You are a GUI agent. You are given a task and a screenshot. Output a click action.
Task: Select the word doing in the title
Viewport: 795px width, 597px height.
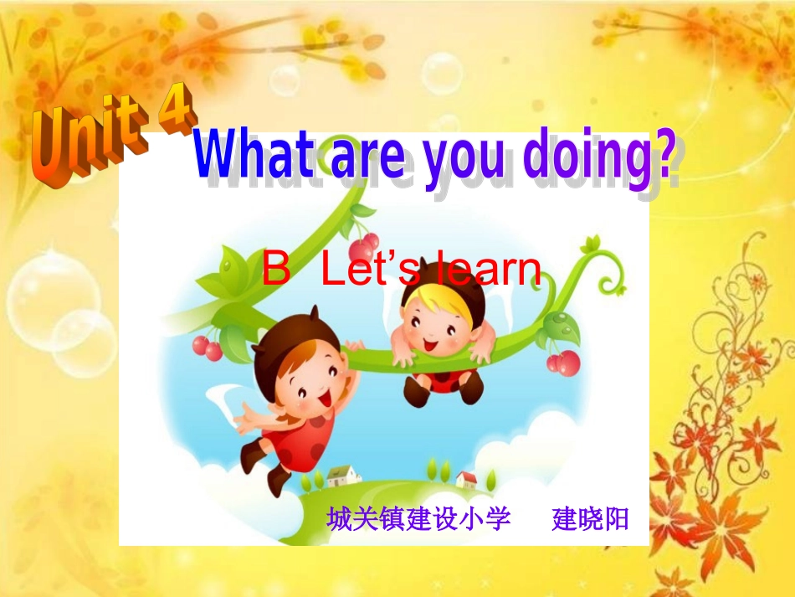[x=585, y=159]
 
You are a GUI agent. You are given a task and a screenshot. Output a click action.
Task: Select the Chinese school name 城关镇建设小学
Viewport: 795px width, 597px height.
[x=418, y=519]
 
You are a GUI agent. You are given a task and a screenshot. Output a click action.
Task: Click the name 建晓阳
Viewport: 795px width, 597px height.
[x=590, y=519]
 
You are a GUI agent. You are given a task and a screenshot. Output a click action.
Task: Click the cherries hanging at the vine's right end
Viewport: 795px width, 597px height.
[x=563, y=363]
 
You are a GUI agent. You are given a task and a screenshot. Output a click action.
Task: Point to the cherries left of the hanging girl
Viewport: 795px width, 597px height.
[x=207, y=347]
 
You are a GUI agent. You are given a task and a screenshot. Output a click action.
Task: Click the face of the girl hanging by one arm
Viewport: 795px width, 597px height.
[x=310, y=377]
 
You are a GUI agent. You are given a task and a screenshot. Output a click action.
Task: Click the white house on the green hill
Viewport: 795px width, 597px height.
[x=342, y=475]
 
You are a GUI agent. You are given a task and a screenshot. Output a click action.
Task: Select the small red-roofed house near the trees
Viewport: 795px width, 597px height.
[x=466, y=480]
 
